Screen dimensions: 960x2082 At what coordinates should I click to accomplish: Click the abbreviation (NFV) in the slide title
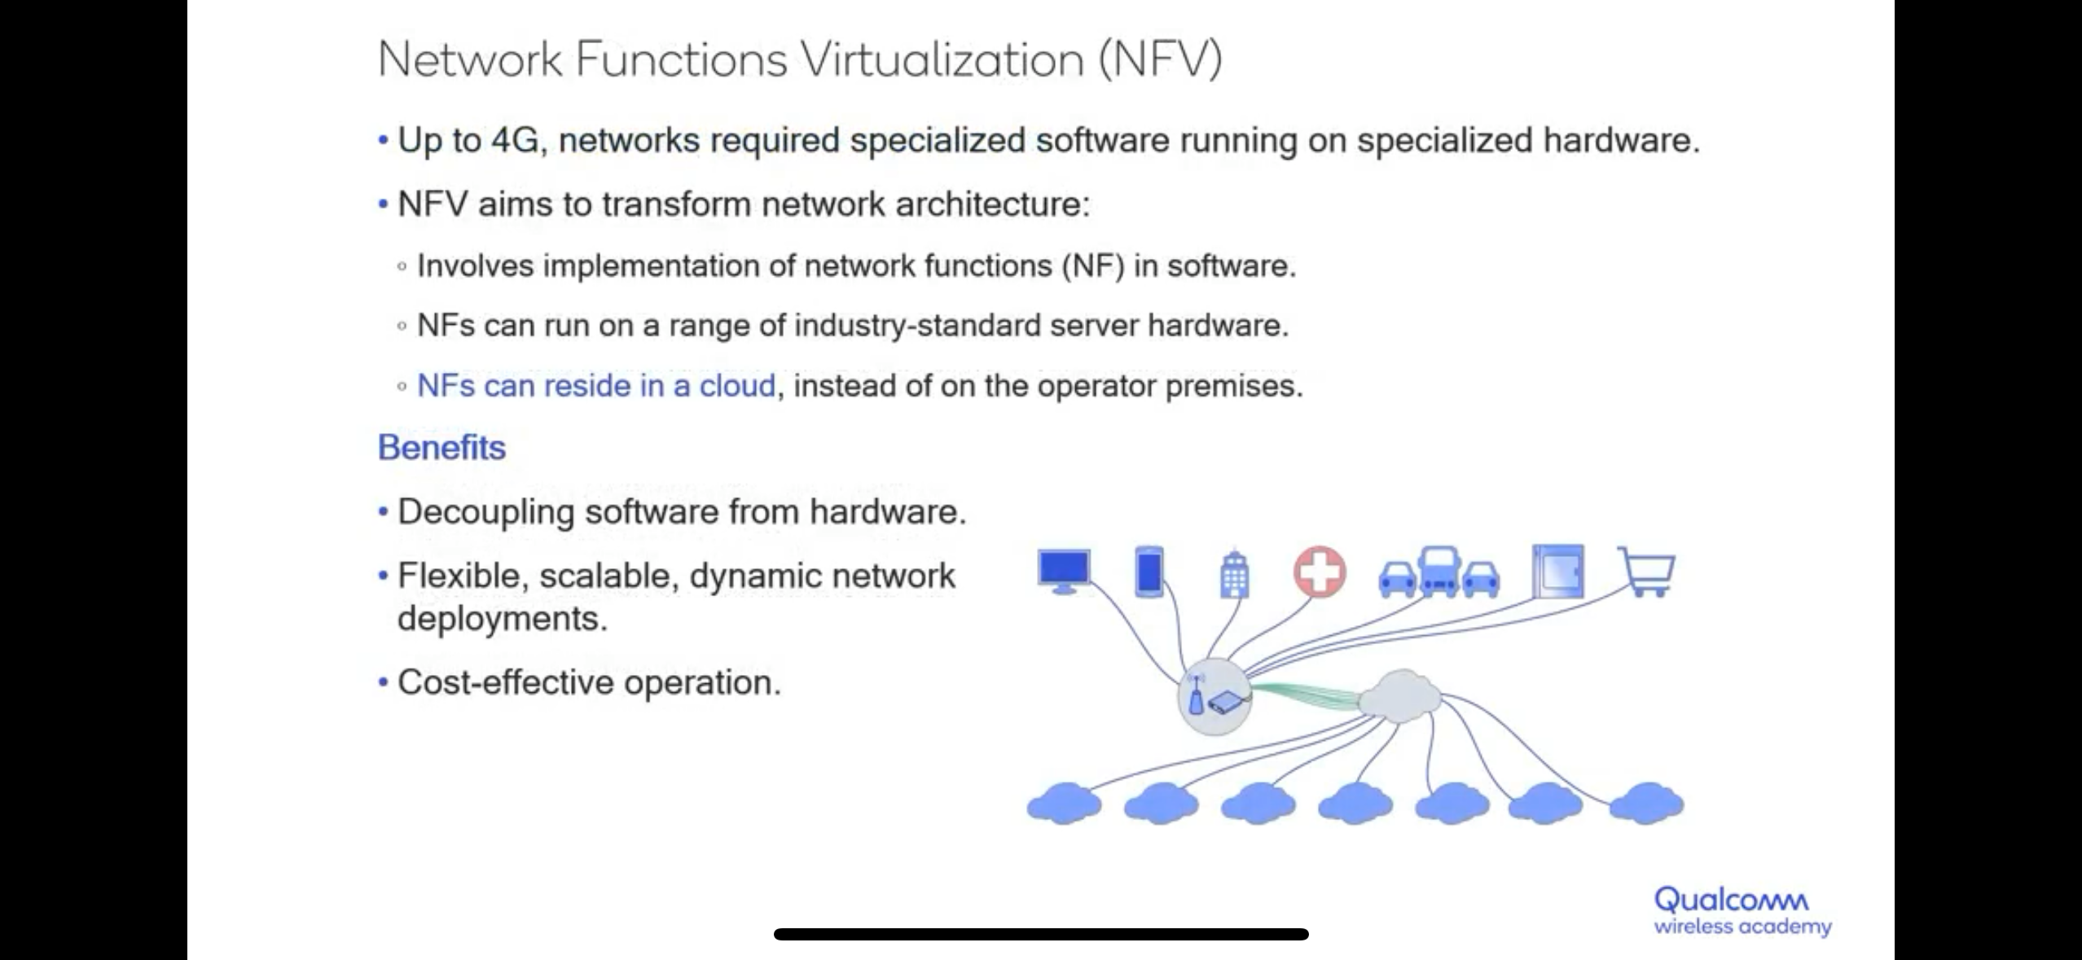[x=1160, y=59]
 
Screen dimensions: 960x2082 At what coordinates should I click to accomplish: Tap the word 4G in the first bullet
[x=515, y=140]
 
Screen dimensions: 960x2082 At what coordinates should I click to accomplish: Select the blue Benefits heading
[x=441, y=448]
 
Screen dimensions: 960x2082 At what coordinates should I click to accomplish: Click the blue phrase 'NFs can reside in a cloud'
[x=595, y=386]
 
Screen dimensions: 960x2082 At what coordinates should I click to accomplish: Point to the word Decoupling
[x=485, y=513]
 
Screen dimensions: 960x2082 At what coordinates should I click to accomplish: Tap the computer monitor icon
[x=1064, y=571]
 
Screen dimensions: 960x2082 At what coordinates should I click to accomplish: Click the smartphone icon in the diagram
[x=1149, y=572]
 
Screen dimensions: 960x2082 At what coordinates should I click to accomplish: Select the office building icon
[x=1234, y=573]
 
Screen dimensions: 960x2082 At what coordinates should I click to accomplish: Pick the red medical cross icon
[x=1320, y=572]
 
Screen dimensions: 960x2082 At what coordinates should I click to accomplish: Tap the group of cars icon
[x=1439, y=573]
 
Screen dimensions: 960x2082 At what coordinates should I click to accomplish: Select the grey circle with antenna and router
[x=1214, y=697]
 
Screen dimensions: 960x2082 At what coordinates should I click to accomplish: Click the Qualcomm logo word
[x=1732, y=900]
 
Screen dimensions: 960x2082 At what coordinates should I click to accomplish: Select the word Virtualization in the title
[x=942, y=59]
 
